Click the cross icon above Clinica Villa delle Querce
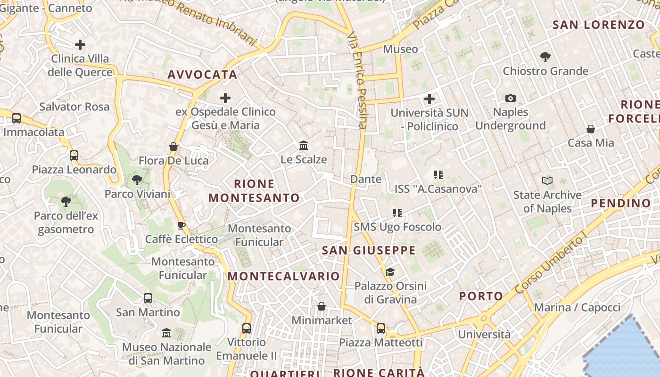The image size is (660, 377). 80,45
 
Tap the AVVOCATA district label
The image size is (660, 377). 202,74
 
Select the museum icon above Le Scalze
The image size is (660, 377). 304,145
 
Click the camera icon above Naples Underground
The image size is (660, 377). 510,98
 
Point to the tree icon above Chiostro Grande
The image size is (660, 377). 545,57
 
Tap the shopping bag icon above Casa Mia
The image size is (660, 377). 590,129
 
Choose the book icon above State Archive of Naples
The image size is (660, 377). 547,180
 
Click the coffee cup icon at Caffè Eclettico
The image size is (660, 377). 181,225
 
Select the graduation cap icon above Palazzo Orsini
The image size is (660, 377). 390,272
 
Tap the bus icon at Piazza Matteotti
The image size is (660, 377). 380,328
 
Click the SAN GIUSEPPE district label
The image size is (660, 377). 369,250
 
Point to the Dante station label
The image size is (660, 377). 366,179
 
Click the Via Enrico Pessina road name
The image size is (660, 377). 357,80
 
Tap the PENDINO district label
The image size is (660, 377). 621,204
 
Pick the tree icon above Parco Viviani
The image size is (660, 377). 137,180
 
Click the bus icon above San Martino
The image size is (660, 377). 148,298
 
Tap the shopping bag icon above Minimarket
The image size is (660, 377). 322,306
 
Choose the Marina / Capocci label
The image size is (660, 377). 577,308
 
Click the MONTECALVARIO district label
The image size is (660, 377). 284,276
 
